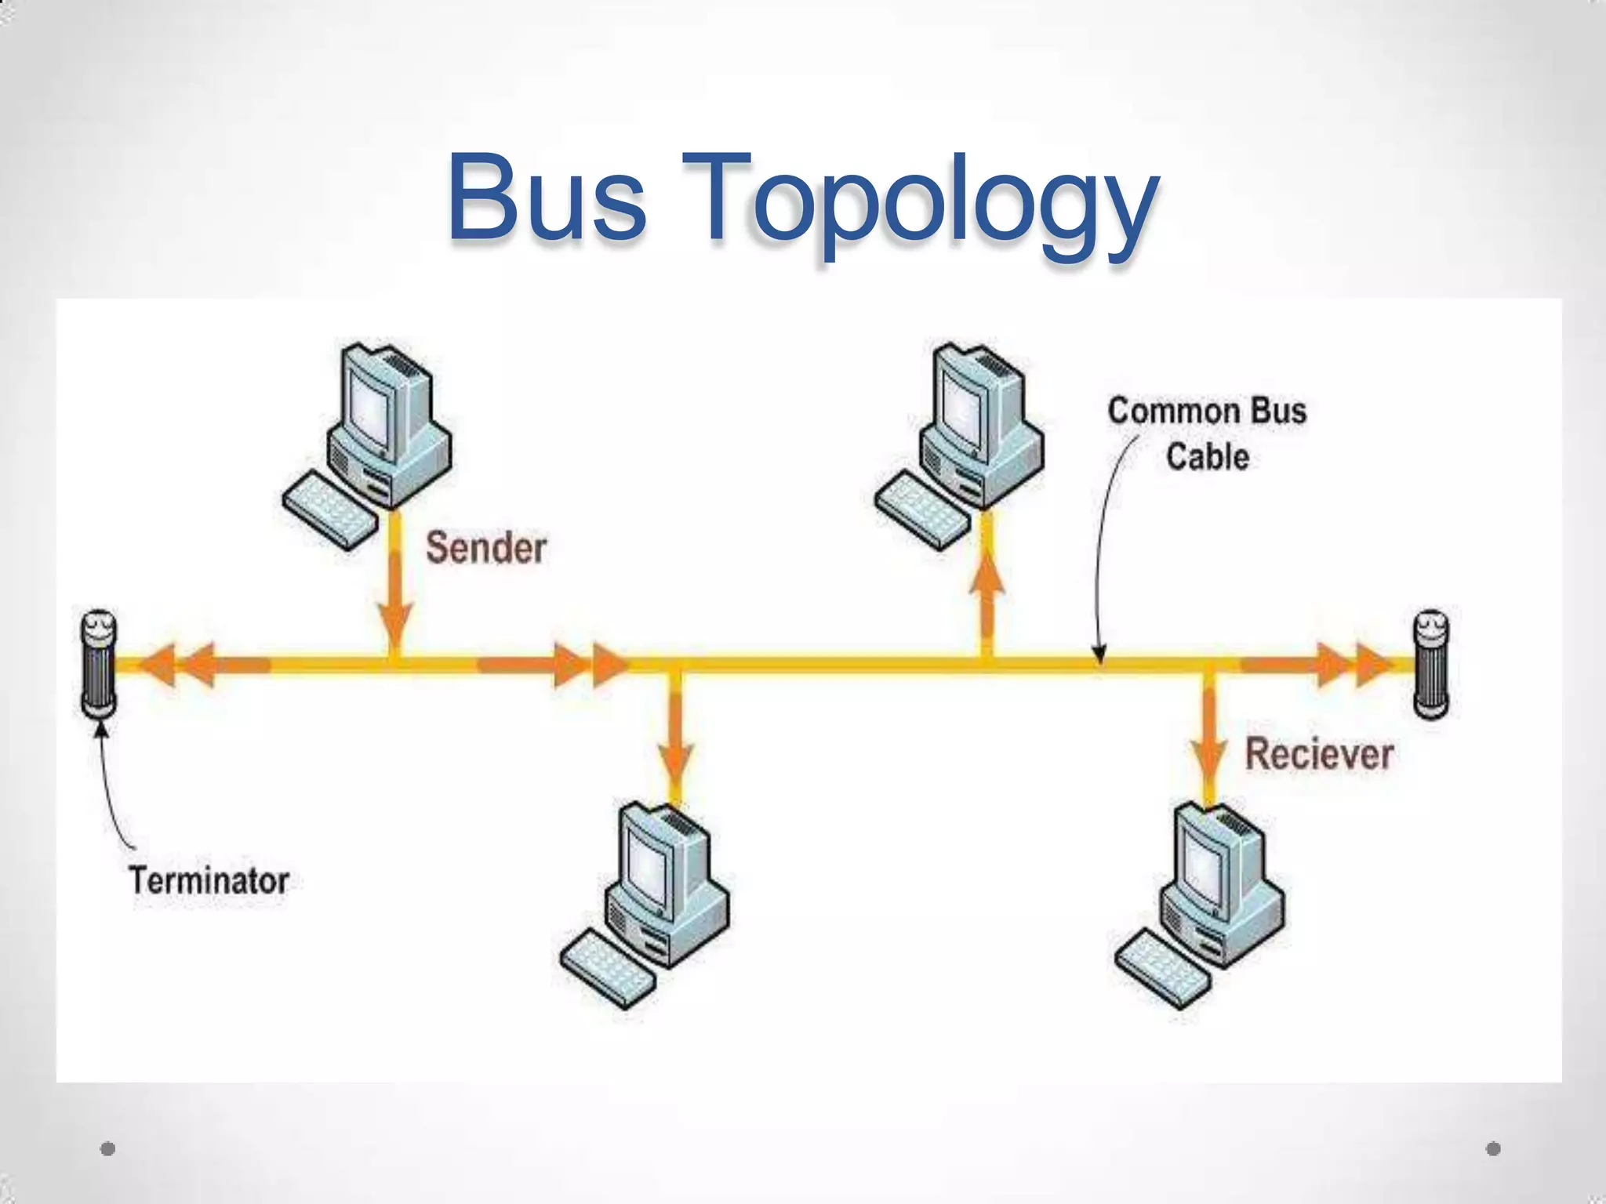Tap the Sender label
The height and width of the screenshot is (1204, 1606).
click(485, 547)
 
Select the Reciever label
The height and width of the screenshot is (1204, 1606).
click(1319, 754)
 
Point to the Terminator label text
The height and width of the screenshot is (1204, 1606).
click(209, 880)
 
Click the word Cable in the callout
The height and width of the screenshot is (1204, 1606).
click(1207, 456)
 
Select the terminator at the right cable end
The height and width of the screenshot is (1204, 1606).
click(1430, 664)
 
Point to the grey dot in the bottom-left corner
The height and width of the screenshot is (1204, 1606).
click(108, 1148)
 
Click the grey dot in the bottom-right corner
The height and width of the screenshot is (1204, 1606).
click(1493, 1148)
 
